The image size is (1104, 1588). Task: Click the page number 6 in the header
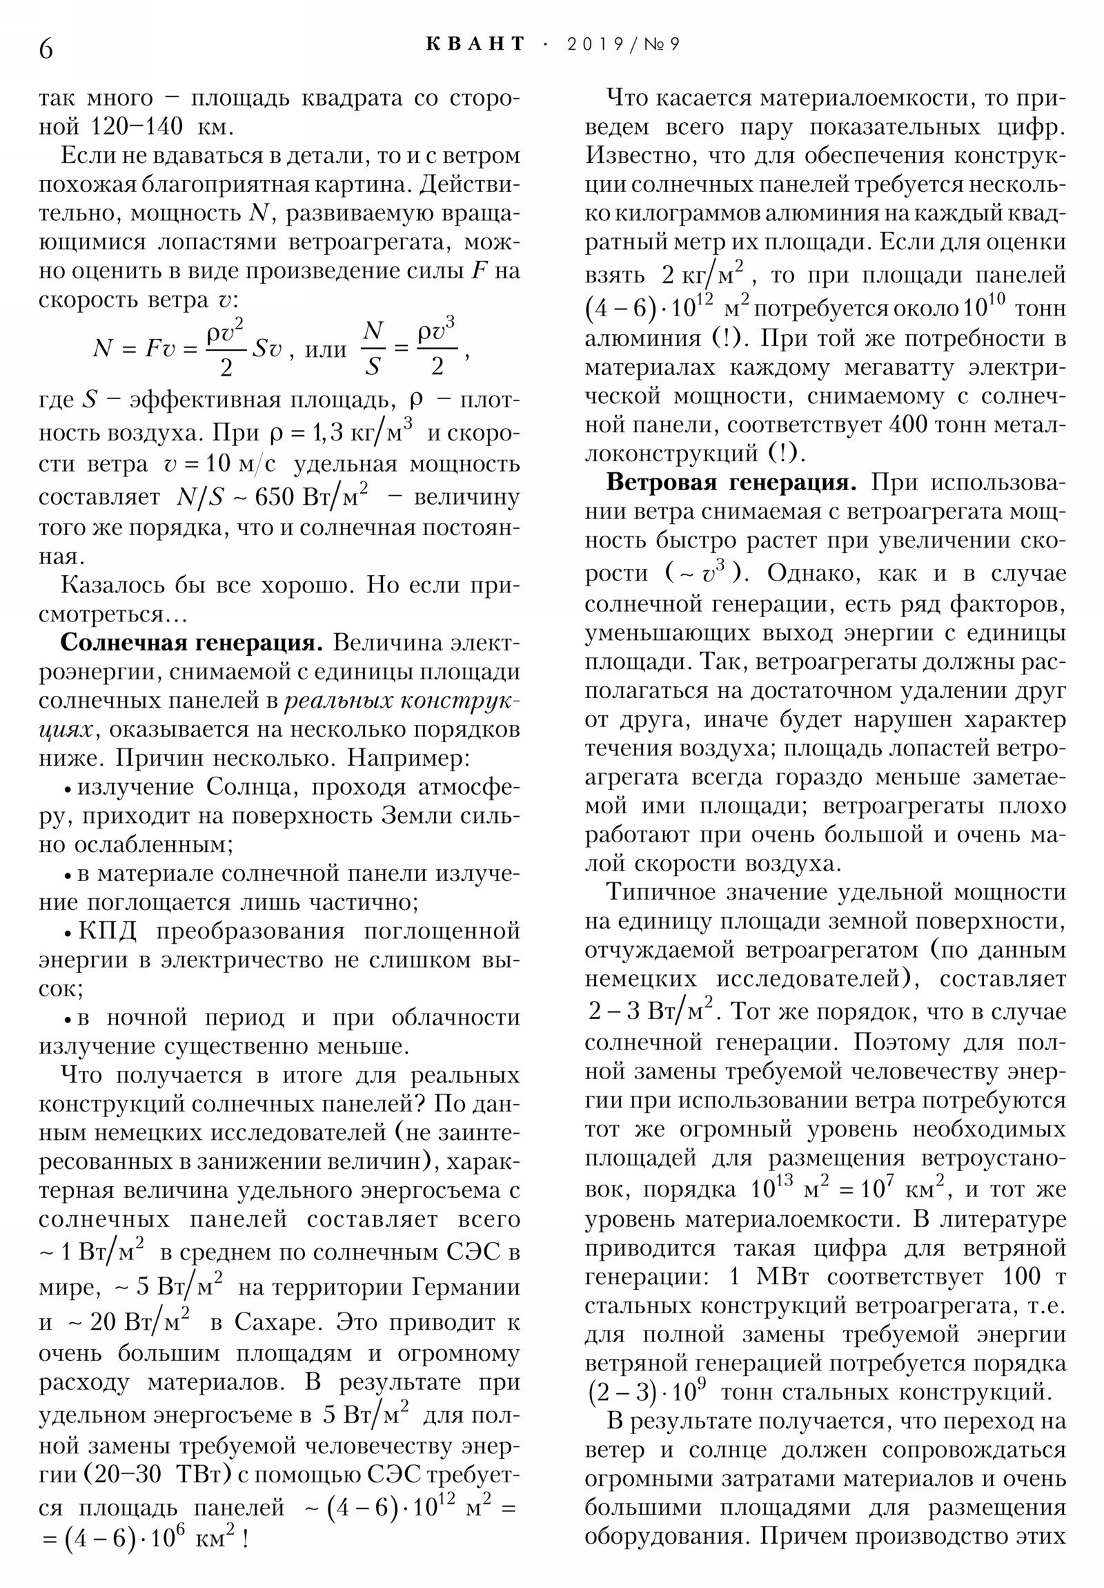pos(46,48)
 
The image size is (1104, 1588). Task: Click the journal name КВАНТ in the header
pos(475,44)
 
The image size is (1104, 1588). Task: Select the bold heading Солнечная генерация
pos(192,643)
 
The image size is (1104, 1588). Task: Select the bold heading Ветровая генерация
pos(731,482)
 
